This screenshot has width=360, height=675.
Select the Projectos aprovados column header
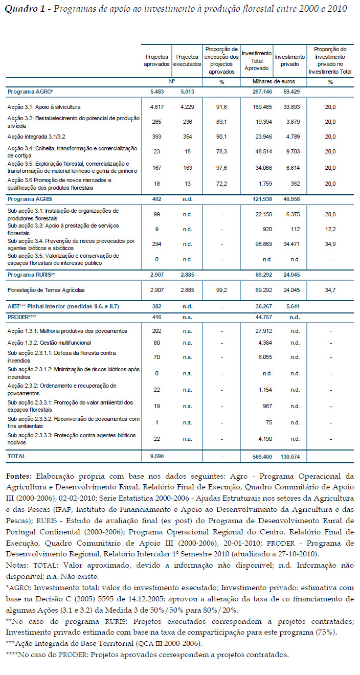(x=156, y=60)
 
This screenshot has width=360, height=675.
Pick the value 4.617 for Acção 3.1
(x=156, y=107)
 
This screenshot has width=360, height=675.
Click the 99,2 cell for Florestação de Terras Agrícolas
(x=221, y=290)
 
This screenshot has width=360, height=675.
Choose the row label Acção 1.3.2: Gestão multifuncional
(x=49, y=343)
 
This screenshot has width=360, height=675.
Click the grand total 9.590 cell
(x=156, y=456)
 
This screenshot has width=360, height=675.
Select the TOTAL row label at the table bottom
(x=16, y=456)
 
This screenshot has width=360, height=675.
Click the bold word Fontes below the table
(x=18, y=476)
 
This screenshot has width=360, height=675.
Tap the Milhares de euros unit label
(x=274, y=82)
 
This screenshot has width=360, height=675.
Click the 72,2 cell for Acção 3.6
(x=221, y=183)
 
